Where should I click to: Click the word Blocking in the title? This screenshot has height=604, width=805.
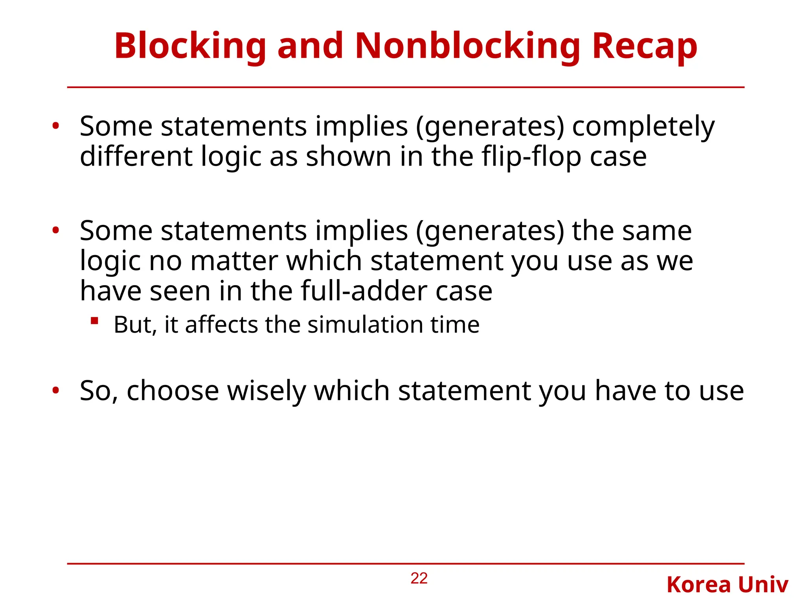[x=190, y=46]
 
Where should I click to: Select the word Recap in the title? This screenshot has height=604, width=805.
[x=645, y=46]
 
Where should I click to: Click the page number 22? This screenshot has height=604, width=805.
[x=419, y=578]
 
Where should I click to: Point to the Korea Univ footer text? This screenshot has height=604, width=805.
[x=727, y=585]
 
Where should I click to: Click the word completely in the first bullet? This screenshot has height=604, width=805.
[x=643, y=127]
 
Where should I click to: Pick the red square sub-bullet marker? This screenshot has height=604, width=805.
[x=94, y=321]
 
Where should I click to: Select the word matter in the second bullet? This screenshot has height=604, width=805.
[x=234, y=261]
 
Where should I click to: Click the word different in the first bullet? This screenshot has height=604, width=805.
[x=136, y=157]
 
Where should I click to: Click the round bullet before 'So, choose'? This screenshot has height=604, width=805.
[x=56, y=390]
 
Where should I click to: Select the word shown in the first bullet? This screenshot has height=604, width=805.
[x=349, y=157]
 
